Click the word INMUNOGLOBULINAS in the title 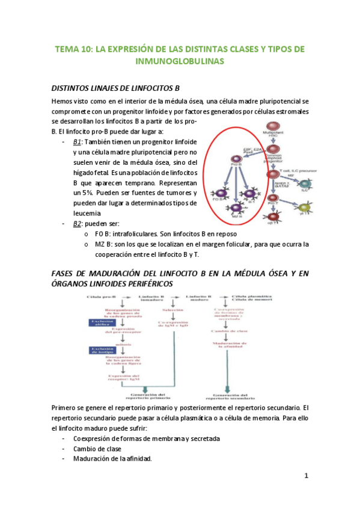click(x=180, y=61)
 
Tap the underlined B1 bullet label click(x=77, y=142)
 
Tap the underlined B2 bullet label click(x=77, y=224)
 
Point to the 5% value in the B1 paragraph click(x=80, y=194)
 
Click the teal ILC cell click(x=305, y=183)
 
